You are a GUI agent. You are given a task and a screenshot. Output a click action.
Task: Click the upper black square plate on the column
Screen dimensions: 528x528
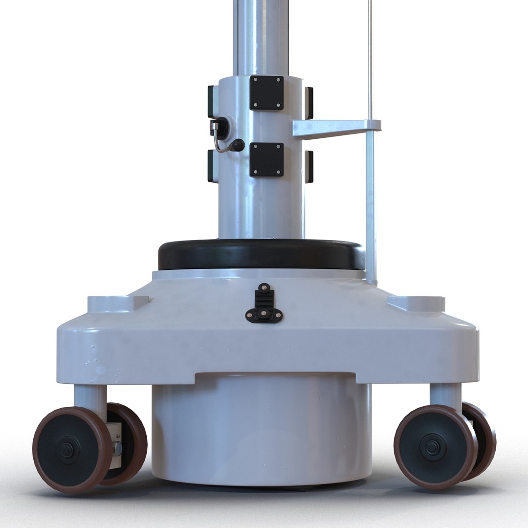click(266, 93)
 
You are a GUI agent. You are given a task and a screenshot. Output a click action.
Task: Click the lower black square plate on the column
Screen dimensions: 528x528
click(266, 159)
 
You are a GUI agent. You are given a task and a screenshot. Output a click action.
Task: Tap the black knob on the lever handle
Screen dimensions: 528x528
click(238, 145)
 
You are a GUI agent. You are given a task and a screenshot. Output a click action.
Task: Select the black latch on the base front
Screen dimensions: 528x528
click(264, 305)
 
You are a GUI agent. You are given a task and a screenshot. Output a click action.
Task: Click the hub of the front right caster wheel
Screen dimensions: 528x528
click(432, 446)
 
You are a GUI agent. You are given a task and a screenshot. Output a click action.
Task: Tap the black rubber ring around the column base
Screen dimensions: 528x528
click(262, 256)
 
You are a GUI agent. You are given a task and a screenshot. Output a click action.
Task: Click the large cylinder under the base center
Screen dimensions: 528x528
click(262, 430)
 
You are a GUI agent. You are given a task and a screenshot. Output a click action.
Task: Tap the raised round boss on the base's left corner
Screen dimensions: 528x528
click(117, 303)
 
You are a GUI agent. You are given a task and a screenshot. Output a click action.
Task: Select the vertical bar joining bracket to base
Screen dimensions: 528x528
click(371, 205)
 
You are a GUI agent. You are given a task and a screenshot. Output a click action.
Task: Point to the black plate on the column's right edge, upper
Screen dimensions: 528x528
click(309, 103)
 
